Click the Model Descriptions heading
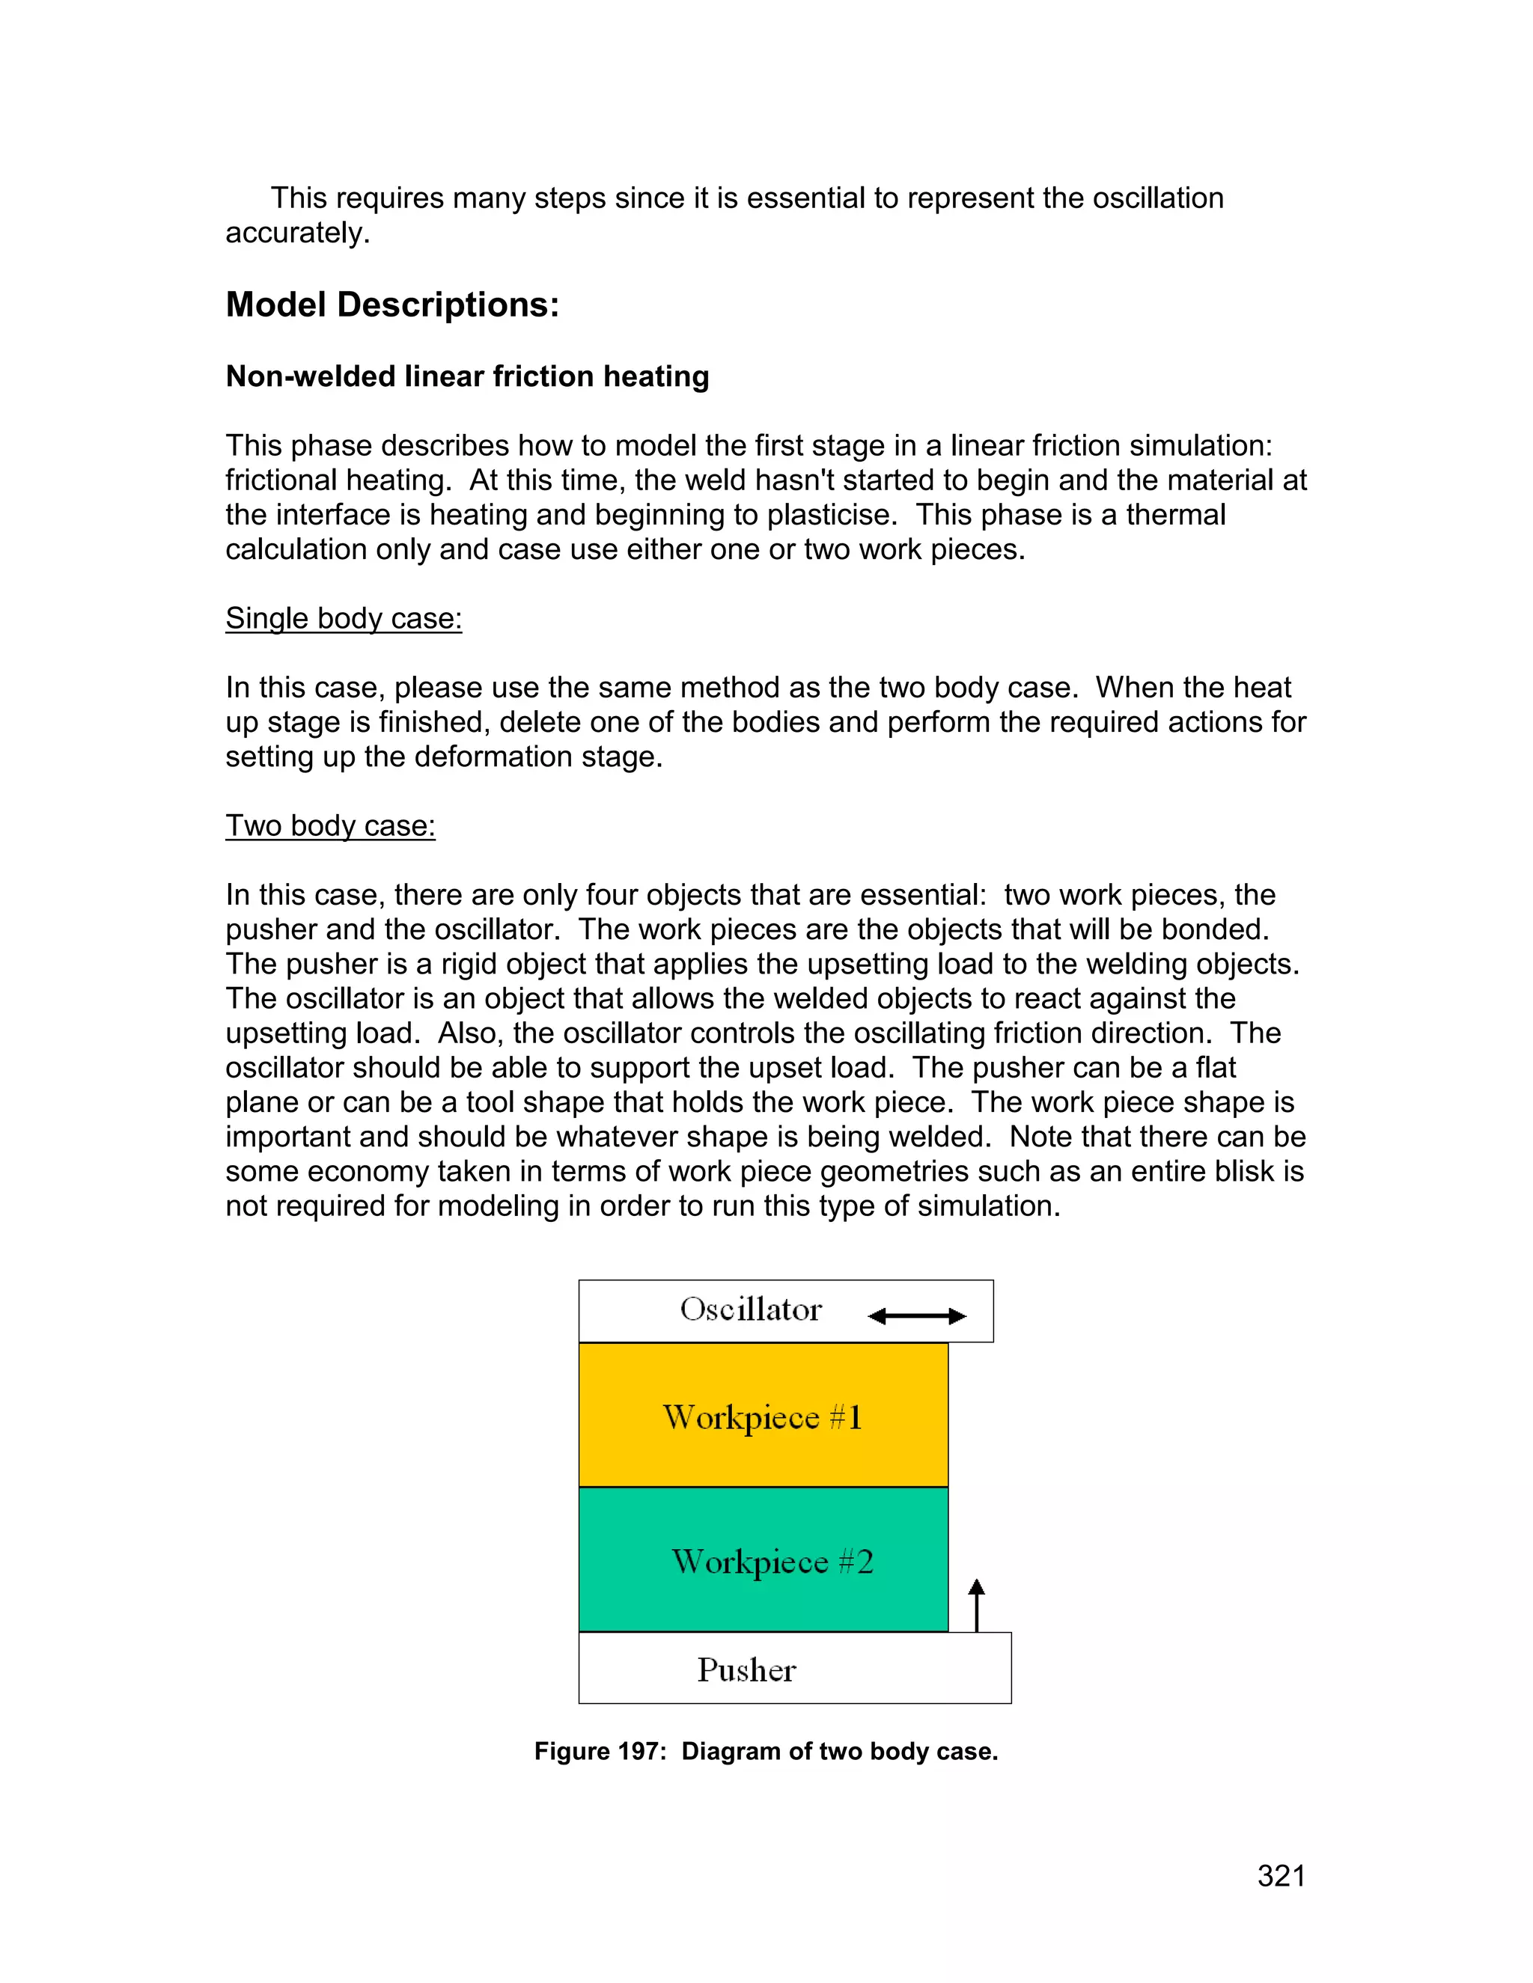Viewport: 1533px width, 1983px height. click(x=391, y=305)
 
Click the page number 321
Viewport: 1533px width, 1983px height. click(x=1281, y=1876)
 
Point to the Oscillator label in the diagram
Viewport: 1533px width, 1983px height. click(x=750, y=1310)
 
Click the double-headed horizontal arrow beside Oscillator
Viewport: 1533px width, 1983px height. click(x=916, y=1316)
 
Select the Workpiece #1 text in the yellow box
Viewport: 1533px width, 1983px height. click(x=762, y=1417)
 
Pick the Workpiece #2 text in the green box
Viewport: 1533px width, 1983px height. click(x=772, y=1562)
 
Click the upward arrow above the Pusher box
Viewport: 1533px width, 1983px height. click(x=976, y=1604)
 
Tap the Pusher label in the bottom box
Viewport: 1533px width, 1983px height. click(x=746, y=1669)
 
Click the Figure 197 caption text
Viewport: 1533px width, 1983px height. click(x=766, y=1752)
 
